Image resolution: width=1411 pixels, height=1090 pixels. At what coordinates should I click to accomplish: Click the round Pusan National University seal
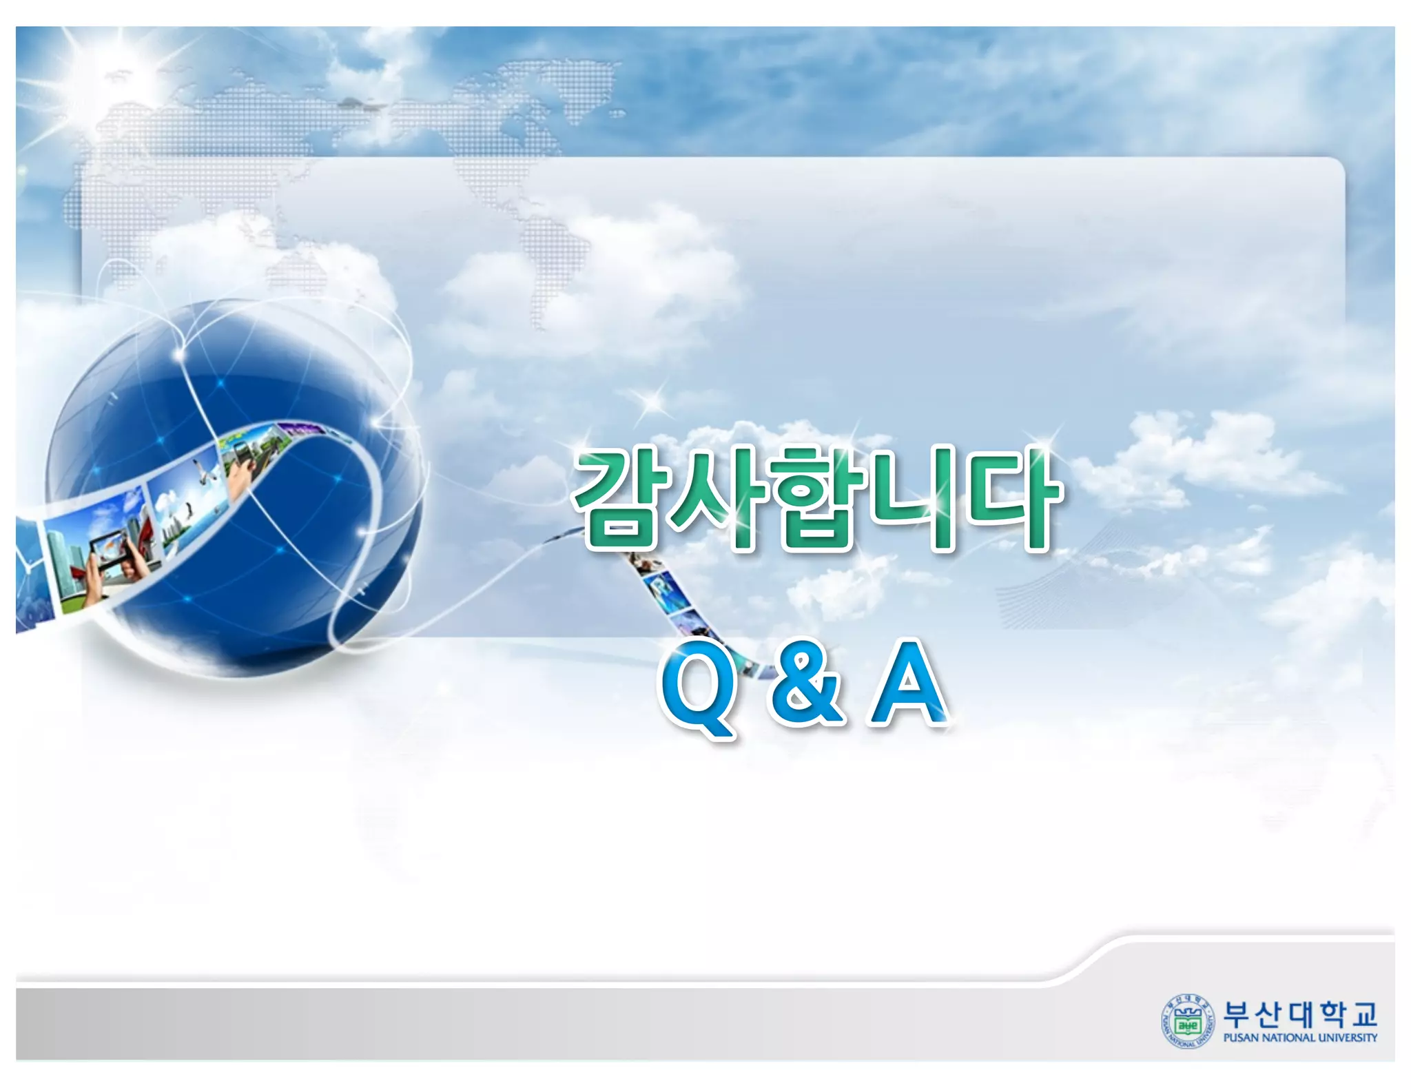[x=1187, y=1021]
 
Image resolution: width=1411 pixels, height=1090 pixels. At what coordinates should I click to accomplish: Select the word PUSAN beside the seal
[x=1242, y=1038]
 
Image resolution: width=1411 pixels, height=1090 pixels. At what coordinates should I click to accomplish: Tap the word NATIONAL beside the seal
[x=1288, y=1038]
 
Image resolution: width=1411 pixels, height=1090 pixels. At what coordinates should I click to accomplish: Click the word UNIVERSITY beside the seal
[x=1348, y=1038]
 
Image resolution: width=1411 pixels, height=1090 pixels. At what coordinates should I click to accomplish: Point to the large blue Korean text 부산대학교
[x=1299, y=1013]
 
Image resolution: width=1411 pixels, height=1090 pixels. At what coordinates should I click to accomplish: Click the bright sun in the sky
[x=110, y=69]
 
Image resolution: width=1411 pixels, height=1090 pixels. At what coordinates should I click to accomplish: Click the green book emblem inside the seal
[x=1187, y=1024]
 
